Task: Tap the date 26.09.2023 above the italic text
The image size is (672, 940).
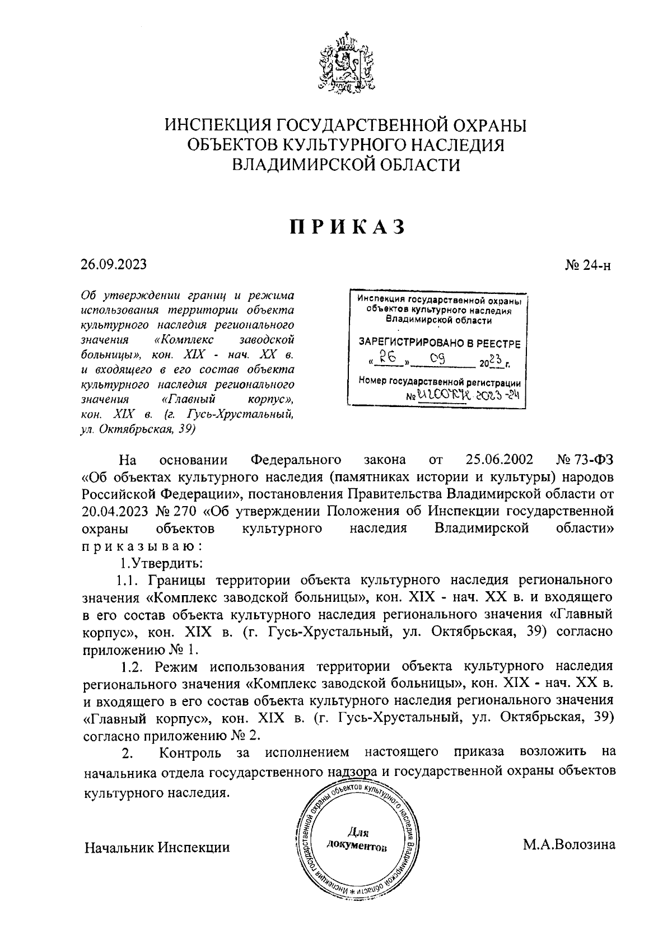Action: [114, 264]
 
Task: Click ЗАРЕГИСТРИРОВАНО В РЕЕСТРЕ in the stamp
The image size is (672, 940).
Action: [439, 343]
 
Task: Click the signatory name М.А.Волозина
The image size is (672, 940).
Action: [569, 844]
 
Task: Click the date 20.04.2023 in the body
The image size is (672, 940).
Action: [114, 511]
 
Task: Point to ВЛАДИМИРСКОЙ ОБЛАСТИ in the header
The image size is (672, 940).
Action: [346, 165]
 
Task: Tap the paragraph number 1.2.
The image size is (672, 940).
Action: [134, 667]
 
